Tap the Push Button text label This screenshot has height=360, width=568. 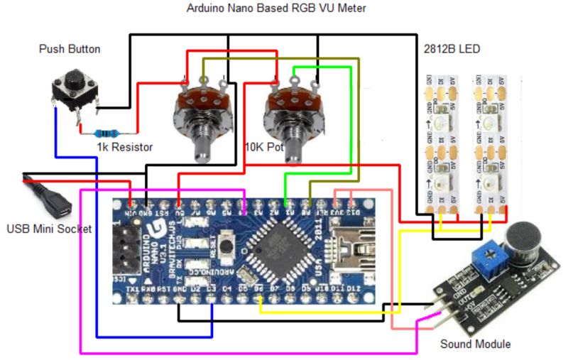69,49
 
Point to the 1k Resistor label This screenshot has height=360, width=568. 125,147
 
